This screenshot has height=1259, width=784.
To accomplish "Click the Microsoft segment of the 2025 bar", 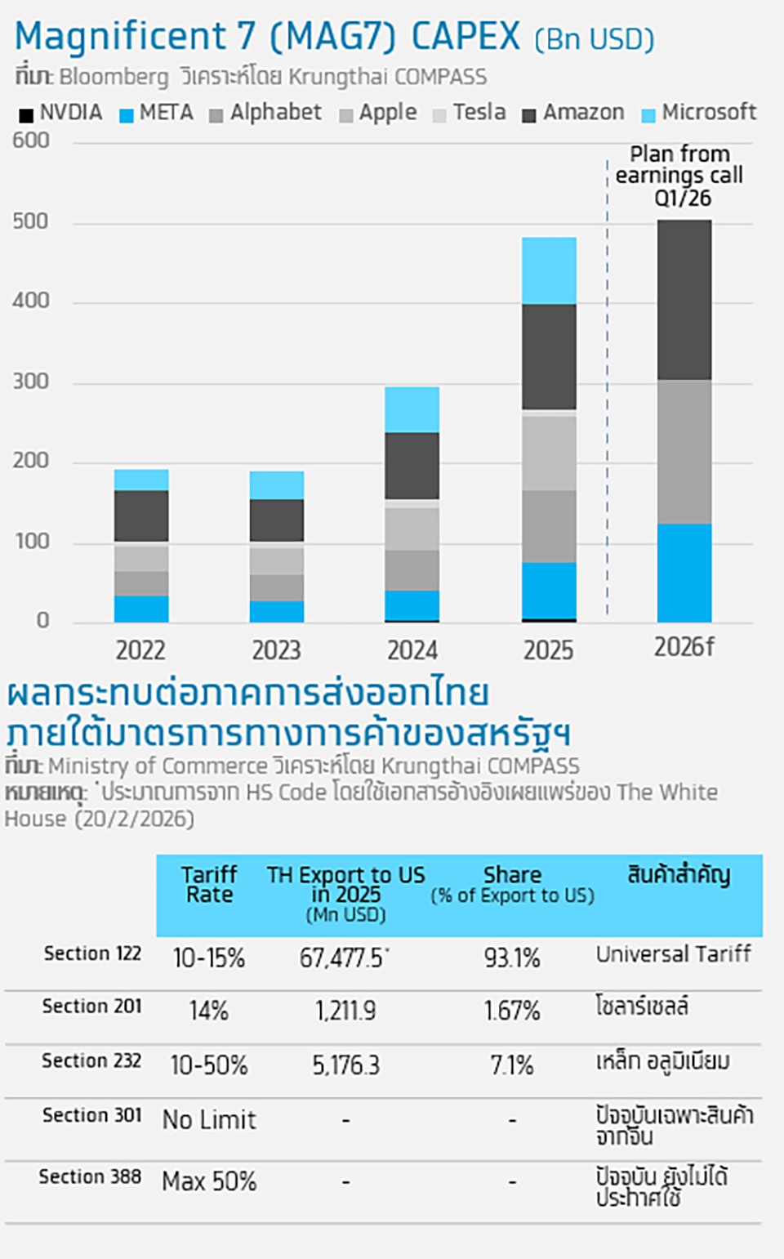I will (x=549, y=270).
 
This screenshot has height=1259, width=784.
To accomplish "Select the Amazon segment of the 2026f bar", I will (x=684, y=300).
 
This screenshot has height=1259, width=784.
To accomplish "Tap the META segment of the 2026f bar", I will (x=684, y=573).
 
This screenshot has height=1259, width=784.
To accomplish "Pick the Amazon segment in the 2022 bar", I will (x=141, y=516).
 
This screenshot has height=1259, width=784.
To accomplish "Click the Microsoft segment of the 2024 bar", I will (x=412, y=409).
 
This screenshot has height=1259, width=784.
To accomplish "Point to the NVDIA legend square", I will (x=26, y=115).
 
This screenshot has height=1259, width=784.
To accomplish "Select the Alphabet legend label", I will (x=275, y=113).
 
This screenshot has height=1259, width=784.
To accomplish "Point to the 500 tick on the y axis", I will (x=30, y=221).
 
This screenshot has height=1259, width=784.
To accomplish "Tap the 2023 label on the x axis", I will (x=276, y=650).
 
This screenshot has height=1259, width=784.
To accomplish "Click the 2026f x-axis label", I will (x=684, y=647).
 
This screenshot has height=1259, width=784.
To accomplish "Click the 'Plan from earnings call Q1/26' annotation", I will (x=679, y=176).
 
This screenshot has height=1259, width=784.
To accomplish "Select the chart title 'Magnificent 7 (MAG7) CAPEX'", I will (x=267, y=37).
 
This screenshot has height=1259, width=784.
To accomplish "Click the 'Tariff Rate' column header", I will (x=209, y=885).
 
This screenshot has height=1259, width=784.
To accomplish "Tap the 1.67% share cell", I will (x=512, y=1011).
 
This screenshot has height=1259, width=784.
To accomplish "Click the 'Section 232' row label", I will (x=91, y=1060).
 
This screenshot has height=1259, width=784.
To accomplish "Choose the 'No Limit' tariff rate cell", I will (x=209, y=1120).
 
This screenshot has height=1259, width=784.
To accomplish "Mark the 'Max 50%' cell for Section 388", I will (x=209, y=1181).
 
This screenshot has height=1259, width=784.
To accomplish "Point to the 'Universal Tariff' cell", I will (x=673, y=954).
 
